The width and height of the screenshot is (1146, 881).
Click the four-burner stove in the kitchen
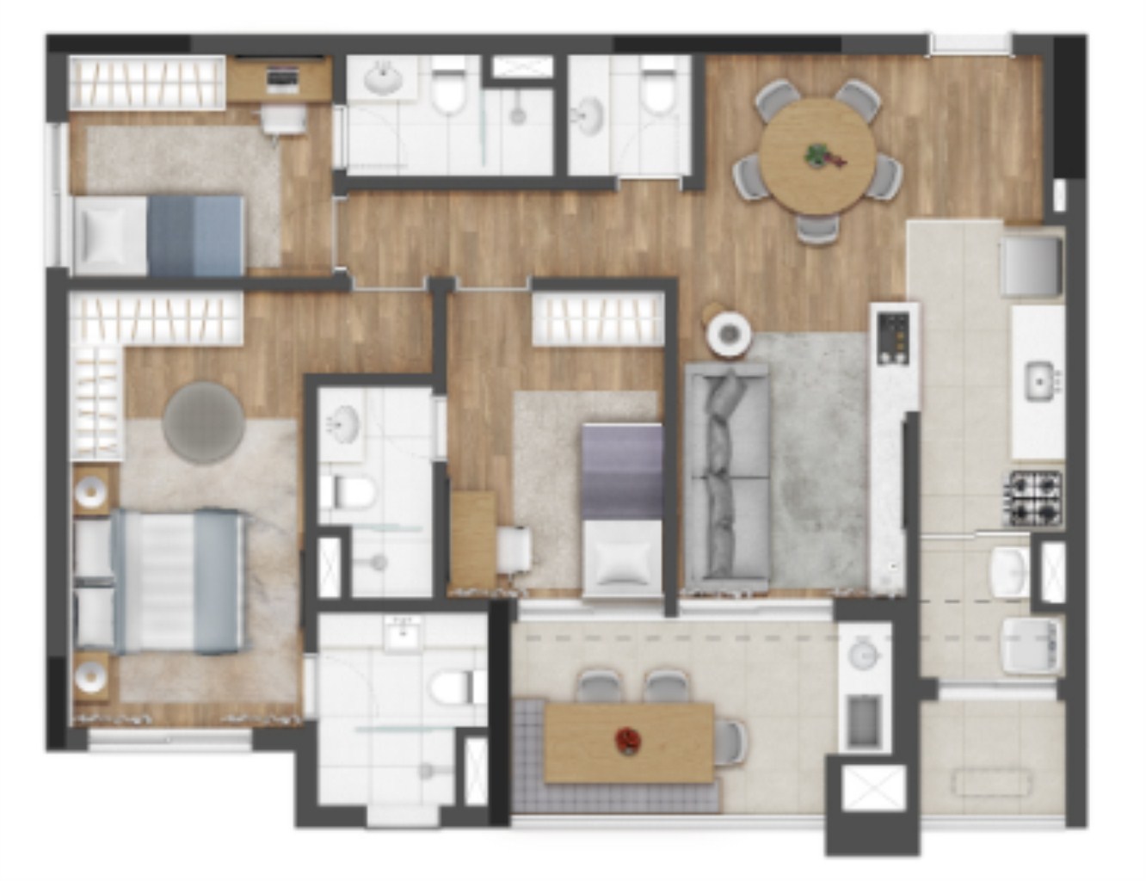[1035, 498]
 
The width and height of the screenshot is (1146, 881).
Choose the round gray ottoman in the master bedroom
[204, 422]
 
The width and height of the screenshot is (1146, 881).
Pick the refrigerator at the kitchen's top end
[1031, 264]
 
